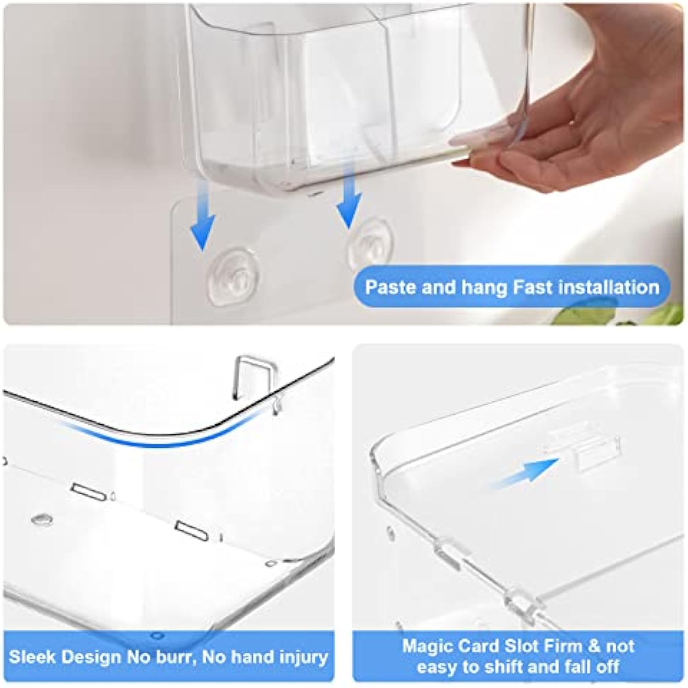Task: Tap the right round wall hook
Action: (x=369, y=243)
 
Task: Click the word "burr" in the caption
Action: (x=178, y=658)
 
